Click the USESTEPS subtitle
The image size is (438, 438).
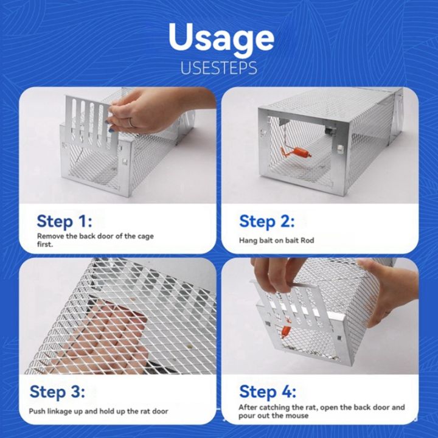click(x=218, y=68)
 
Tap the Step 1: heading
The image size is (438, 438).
click(x=65, y=220)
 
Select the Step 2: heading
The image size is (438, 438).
click(x=266, y=220)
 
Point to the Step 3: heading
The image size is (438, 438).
click(x=57, y=391)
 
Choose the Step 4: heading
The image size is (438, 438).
click(x=267, y=391)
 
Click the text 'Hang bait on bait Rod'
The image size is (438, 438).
click(x=276, y=240)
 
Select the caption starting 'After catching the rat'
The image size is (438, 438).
click(x=321, y=411)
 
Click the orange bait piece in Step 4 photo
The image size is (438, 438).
click(x=284, y=331)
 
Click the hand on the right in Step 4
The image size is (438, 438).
click(x=389, y=286)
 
